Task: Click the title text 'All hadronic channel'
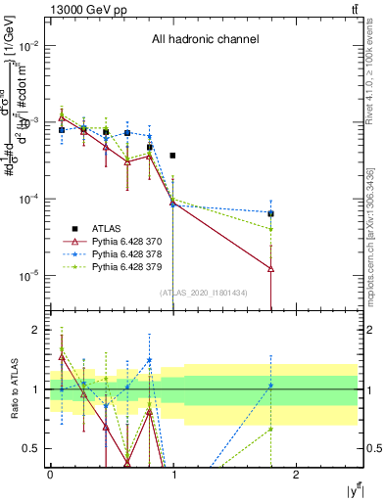tap(205, 40)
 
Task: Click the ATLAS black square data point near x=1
tap(172, 156)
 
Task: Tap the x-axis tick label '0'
tap(49, 474)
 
